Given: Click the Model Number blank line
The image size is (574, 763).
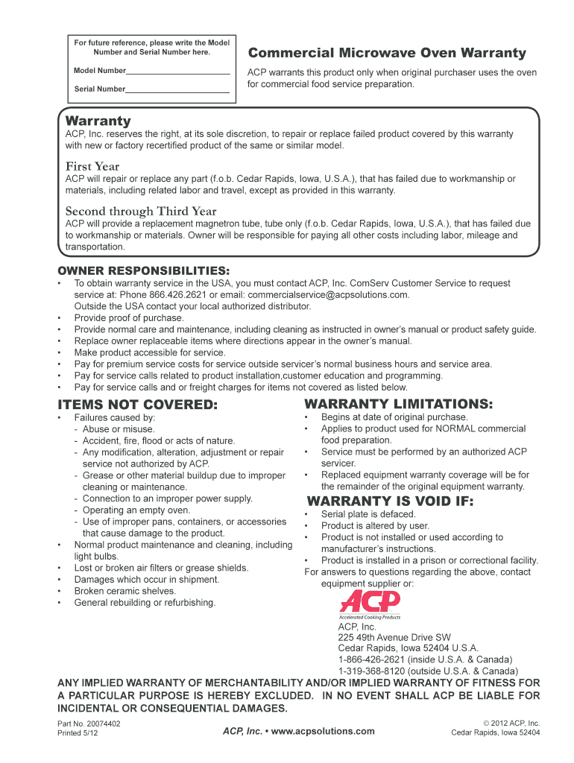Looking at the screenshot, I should pos(177,74).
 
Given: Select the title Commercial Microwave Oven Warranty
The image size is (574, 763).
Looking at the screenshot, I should pos(386,54).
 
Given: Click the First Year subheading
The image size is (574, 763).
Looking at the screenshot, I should pos(92,166).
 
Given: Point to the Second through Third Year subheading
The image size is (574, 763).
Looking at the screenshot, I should pos(141,211).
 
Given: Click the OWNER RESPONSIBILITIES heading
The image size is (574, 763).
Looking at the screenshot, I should pos(144,270).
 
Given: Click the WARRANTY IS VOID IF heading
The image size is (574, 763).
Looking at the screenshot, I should pos(390,501).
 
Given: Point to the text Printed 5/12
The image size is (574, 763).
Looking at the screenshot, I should pos(78,733).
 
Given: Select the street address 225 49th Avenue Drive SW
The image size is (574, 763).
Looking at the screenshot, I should pos(394,637).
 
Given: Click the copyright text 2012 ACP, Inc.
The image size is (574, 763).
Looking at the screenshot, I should pos(514,724).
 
